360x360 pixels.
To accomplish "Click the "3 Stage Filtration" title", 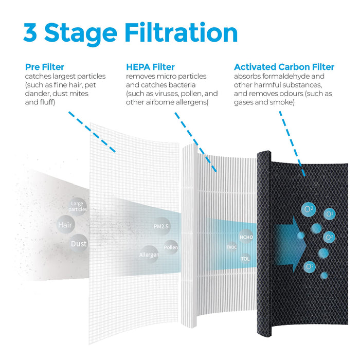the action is click(x=131, y=33).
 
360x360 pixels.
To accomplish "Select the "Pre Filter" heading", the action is click(x=45, y=67).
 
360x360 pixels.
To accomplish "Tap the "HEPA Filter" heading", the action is click(x=150, y=67).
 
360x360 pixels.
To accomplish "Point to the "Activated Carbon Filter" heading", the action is click(x=284, y=67).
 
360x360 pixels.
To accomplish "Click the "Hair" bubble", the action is click(x=65, y=225).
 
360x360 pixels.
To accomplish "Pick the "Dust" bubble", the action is click(x=79, y=243).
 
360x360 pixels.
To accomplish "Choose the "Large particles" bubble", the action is click(x=78, y=206).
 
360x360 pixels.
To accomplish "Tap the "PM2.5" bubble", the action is click(x=161, y=226).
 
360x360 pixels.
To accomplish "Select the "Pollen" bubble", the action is click(x=171, y=247).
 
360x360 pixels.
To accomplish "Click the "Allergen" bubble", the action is click(x=149, y=255).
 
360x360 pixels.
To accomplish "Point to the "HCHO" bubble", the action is click(x=246, y=237).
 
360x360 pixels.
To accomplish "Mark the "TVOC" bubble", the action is click(x=231, y=247).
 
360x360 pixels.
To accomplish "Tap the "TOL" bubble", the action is click(x=245, y=259).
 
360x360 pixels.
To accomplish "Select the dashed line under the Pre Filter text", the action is click(x=92, y=132).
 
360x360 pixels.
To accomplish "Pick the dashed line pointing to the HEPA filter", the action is click(x=195, y=142).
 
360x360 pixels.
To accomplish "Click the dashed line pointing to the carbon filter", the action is click(x=292, y=143).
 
